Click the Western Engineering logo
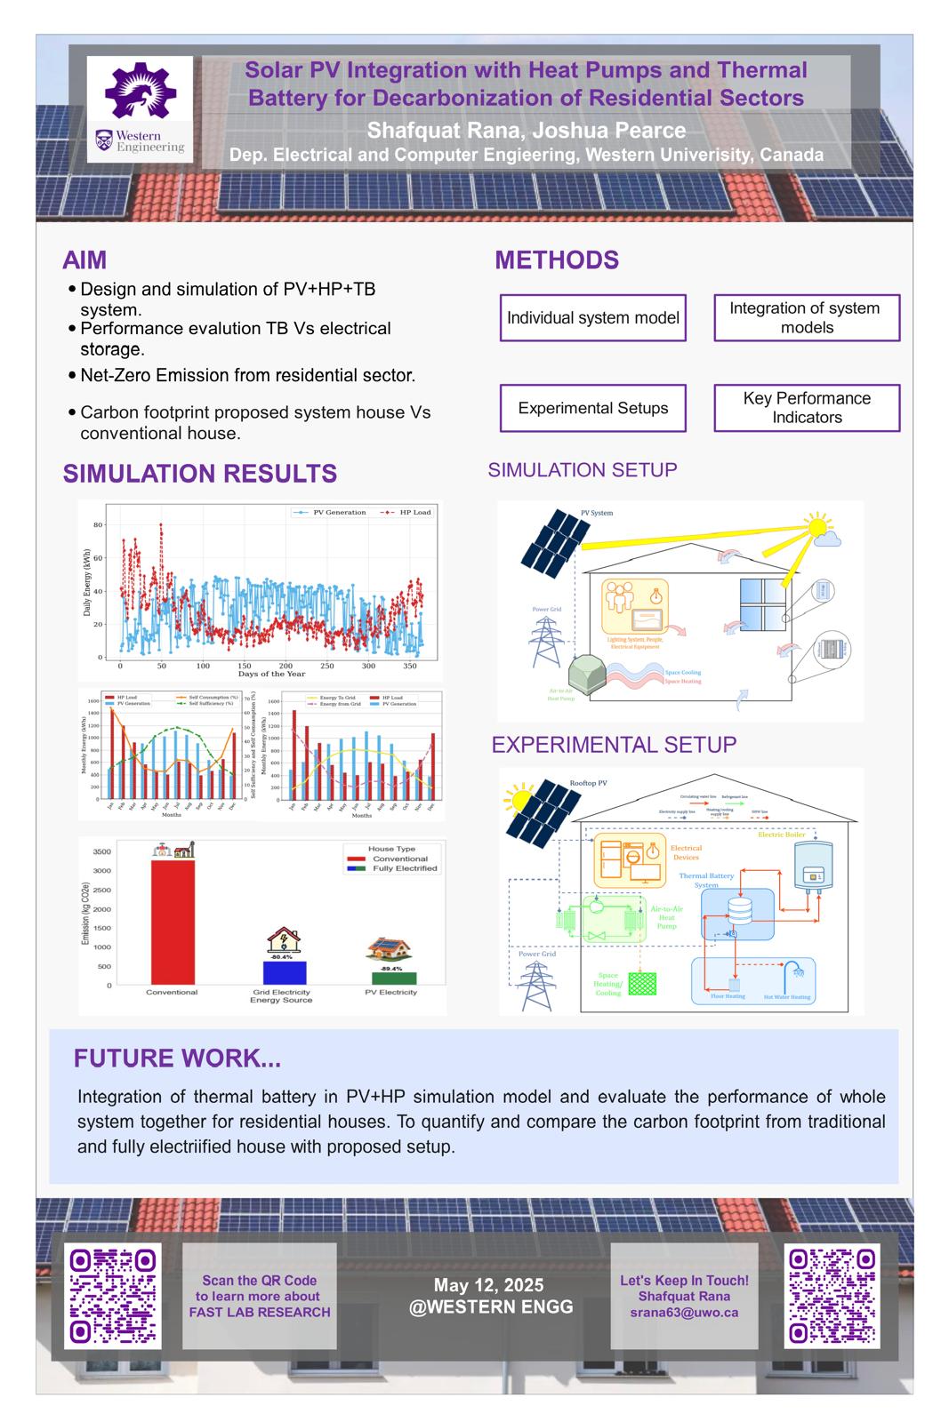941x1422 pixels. point(140,108)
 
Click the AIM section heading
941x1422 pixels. point(84,260)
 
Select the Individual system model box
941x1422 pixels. point(592,318)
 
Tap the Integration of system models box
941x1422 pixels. point(806,318)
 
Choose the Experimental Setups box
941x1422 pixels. point(592,408)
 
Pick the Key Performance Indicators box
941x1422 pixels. point(806,408)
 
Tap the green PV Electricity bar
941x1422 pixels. point(391,978)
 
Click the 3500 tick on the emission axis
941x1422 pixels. point(102,852)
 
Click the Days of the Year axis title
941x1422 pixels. point(271,674)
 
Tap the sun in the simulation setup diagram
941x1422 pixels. point(816,526)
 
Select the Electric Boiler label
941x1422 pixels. point(781,835)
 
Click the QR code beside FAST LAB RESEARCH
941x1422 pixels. point(113,1296)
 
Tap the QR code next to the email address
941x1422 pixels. point(832,1296)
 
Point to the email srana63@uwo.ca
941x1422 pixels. point(684,1312)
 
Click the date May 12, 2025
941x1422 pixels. point(488,1285)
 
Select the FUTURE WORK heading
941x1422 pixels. point(177,1059)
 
